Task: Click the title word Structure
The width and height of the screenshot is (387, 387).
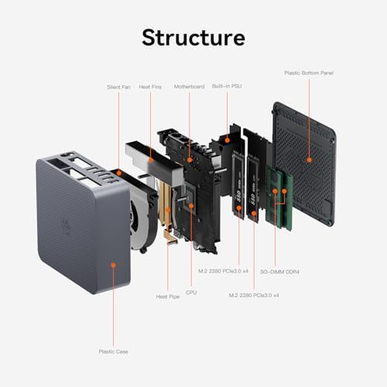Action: click(x=193, y=37)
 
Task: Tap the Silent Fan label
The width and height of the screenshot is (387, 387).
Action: click(x=118, y=87)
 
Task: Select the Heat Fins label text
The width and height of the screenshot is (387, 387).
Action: click(x=151, y=87)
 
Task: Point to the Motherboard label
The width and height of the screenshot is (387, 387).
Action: click(x=188, y=87)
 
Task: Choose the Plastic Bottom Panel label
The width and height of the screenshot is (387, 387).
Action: click(x=307, y=73)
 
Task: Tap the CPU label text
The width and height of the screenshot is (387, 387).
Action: click(x=191, y=293)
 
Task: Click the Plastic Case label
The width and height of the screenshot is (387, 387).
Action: click(x=113, y=351)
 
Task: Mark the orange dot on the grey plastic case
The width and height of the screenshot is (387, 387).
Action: click(x=113, y=265)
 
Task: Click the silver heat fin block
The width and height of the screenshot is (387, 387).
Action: click(x=147, y=155)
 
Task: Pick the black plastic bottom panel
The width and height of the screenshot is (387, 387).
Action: click(x=306, y=170)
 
